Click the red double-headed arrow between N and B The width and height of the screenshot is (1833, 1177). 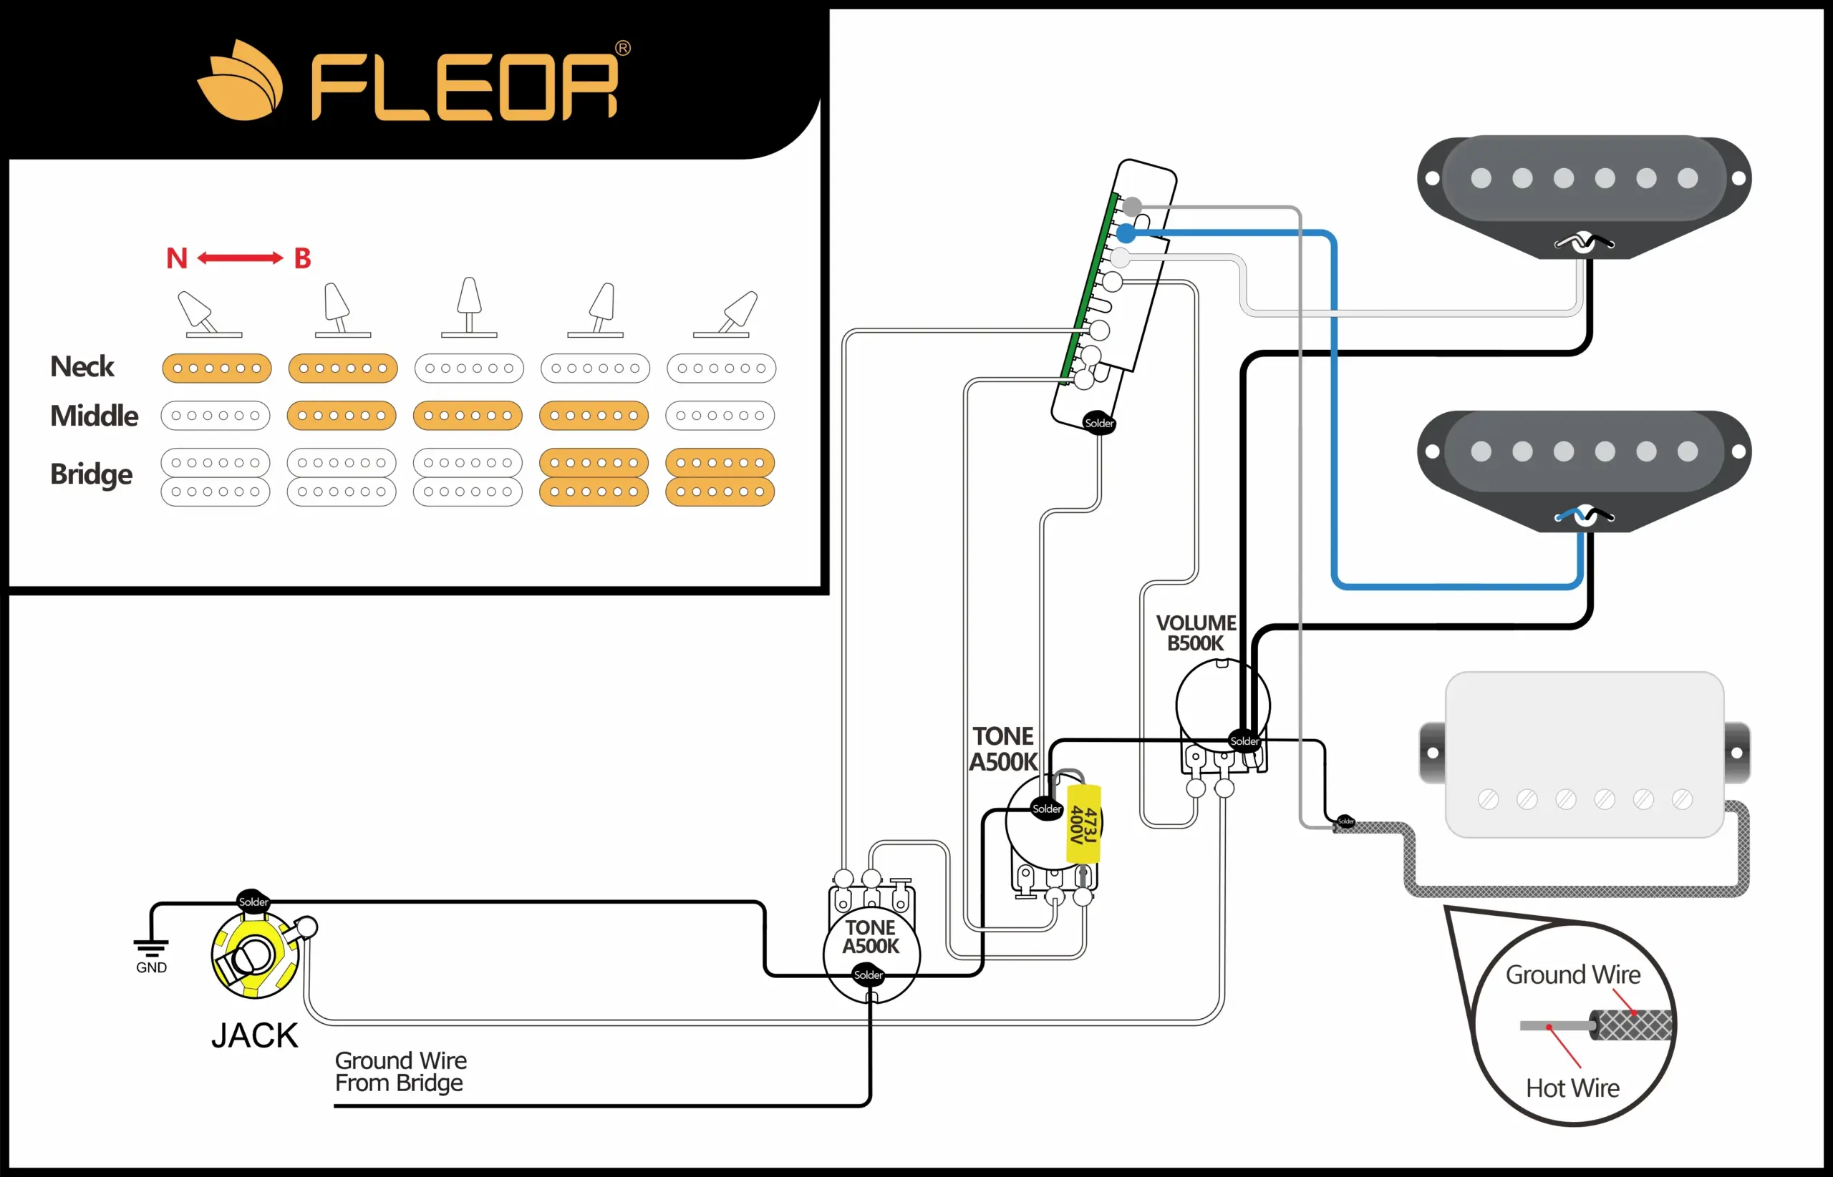click(x=240, y=258)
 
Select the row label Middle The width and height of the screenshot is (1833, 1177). click(x=94, y=416)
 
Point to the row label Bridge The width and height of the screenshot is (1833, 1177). click(x=91, y=474)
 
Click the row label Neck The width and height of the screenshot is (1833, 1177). click(x=82, y=367)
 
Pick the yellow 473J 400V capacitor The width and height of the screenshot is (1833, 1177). click(x=1083, y=824)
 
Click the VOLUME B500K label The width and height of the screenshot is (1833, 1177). click(x=1195, y=633)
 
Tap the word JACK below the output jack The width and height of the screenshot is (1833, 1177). click(x=255, y=1035)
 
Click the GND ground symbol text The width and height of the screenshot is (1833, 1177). click(x=151, y=967)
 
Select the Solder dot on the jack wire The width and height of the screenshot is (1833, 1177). click(x=253, y=902)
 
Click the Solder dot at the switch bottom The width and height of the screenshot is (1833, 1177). click(x=1099, y=424)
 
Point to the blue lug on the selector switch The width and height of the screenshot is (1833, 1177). click(x=1126, y=233)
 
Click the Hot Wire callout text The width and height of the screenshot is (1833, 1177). click(x=1572, y=1088)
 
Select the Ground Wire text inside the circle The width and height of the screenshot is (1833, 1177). click(x=1573, y=975)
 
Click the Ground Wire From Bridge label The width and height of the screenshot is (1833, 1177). click(x=400, y=1072)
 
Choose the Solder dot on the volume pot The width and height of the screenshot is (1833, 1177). click(x=1244, y=741)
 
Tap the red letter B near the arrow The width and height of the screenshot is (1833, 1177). click(x=303, y=258)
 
